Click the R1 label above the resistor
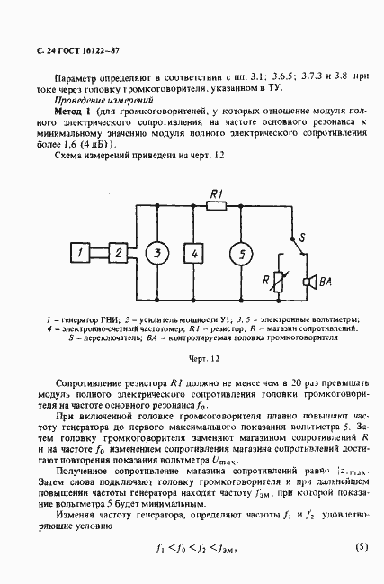pyautogui.click(x=217, y=193)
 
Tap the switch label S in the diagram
pyautogui.click(x=303, y=238)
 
